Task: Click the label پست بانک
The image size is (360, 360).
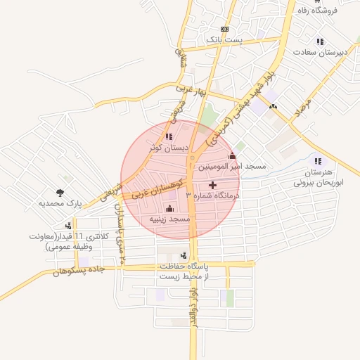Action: click(224, 41)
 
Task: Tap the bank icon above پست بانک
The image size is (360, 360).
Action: click(224, 29)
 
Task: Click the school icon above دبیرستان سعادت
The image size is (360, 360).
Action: click(321, 41)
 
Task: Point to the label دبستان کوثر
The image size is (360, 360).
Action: click(169, 148)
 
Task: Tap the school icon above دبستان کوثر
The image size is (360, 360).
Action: click(168, 136)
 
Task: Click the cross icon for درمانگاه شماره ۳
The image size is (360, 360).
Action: click(213, 185)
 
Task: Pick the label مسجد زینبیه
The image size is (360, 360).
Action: click(169, 219)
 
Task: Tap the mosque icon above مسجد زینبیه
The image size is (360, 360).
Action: click(169, 208)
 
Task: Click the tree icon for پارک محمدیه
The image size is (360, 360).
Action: click(60, 192)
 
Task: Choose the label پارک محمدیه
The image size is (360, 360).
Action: click(60, 203)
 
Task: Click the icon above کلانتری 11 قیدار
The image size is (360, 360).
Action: click(68, 226)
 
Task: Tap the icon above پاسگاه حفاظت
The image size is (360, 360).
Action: click(184, 255)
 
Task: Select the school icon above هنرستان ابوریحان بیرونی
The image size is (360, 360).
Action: click(317, 161)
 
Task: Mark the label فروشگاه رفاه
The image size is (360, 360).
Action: click(319, 11)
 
